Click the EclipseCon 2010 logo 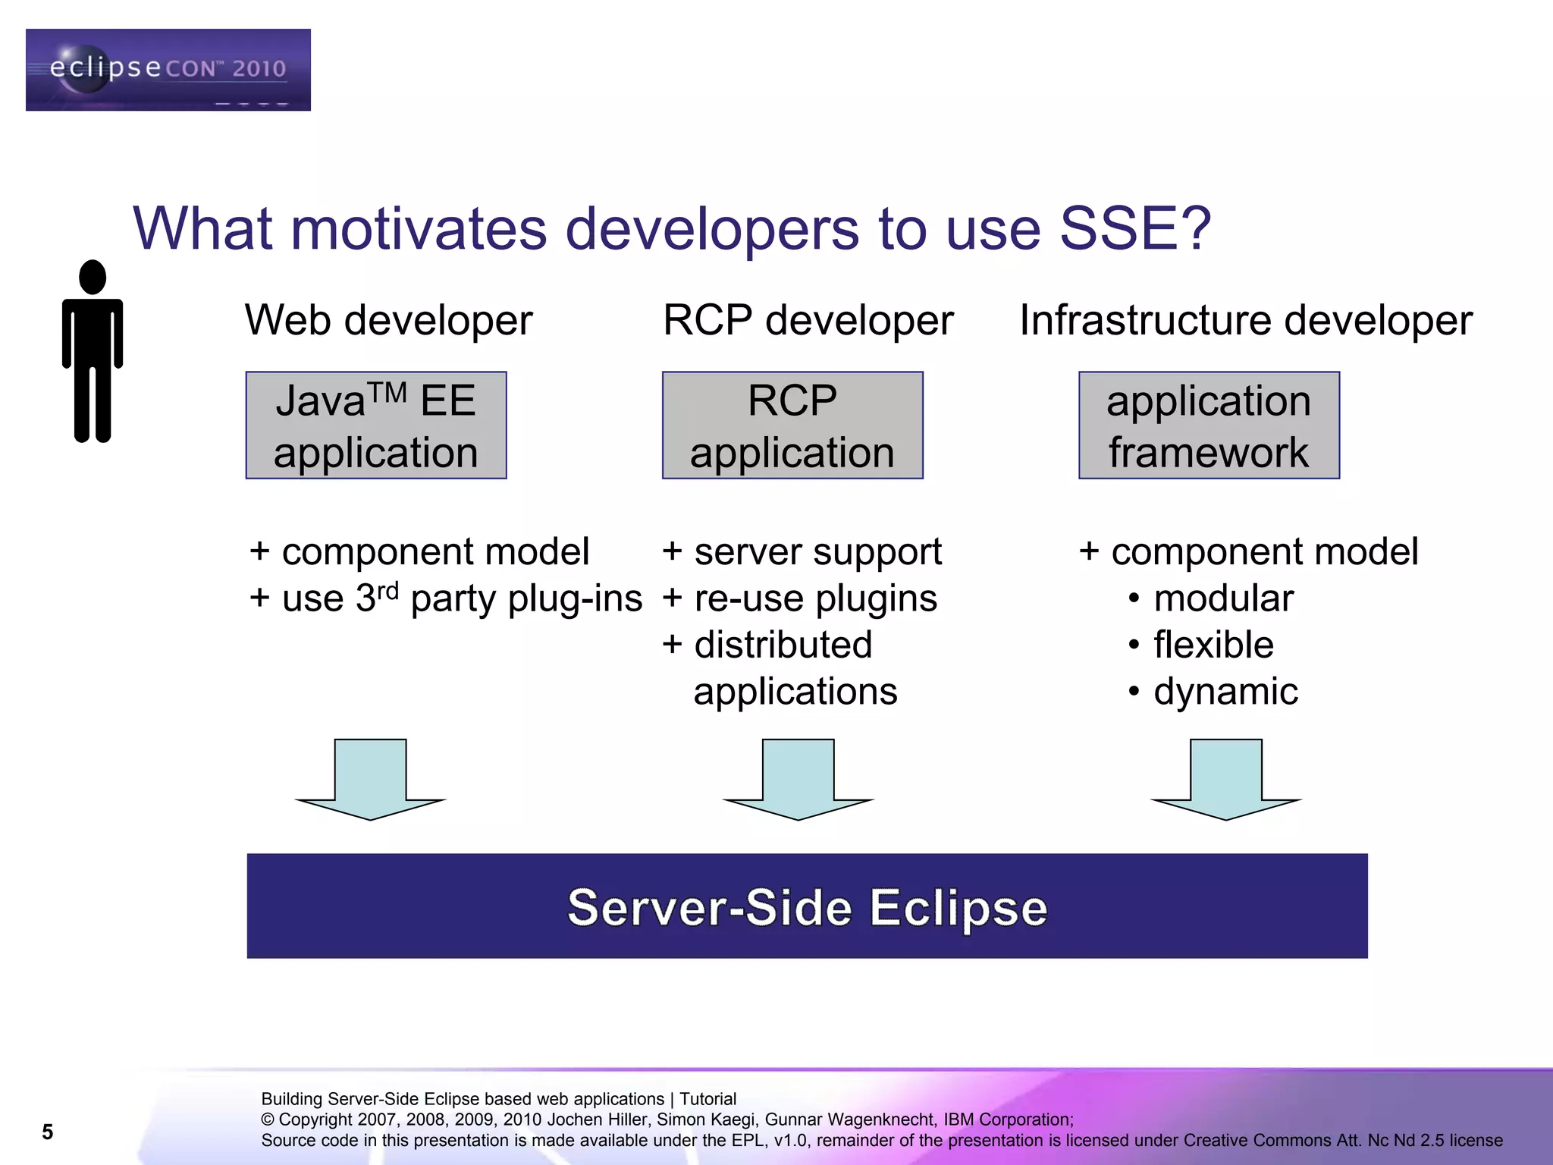168,70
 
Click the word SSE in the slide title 1134,228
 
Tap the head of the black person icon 93,277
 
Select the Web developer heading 388,320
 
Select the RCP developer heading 808,320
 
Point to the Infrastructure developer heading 1245,320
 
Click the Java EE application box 376,425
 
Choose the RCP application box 792,425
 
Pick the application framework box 1209,425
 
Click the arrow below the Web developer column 370,780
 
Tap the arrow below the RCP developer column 798,780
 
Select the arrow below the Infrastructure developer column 1226,780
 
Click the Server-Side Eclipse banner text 807,907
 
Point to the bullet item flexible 1213,645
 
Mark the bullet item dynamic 1225,692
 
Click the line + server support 802,552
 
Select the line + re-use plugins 799,599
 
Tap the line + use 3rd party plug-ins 446,599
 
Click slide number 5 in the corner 47,1132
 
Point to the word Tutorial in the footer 707,1099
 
